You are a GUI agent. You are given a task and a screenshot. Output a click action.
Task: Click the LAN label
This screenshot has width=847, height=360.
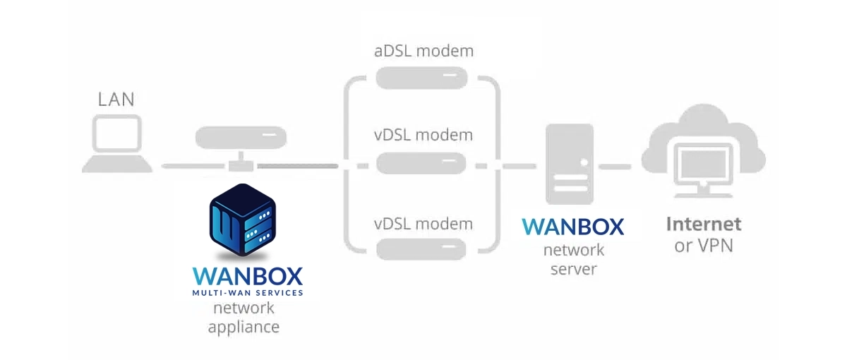(116, 100)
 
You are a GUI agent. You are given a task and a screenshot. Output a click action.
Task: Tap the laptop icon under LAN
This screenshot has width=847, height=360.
(117, 144)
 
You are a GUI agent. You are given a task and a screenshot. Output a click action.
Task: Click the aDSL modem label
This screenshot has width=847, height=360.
(424, 51)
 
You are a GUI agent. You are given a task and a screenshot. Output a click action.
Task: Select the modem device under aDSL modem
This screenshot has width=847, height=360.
(421, 78)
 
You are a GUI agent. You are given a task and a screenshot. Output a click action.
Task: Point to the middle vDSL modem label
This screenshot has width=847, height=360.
(423, 135)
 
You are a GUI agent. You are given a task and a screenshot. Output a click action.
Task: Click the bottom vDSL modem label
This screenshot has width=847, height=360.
(423, 224)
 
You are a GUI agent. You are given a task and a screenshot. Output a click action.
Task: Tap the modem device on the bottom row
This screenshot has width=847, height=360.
(421, 248)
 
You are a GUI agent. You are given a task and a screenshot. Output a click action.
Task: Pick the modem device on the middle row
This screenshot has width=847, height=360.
(421, 163)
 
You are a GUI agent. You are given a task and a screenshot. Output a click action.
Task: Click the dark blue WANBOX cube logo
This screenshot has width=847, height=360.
(242, 220)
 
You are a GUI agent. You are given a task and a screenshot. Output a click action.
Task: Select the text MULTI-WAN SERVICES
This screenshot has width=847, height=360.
(248, 293)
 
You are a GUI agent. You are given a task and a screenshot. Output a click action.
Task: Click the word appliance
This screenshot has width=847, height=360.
(244, 327)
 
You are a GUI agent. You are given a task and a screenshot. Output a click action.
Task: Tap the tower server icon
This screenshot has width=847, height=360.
(570, 164)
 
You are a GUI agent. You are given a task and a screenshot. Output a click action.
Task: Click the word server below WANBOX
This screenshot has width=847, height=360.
(574, 269)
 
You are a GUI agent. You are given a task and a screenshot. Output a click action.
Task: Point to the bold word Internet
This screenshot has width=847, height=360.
(704, 224)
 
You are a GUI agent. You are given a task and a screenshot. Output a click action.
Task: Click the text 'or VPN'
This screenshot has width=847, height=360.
(704, 246)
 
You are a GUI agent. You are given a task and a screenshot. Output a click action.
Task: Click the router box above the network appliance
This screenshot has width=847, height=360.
(241, 138)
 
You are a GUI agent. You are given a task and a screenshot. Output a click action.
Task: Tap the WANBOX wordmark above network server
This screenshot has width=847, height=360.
(573, 227)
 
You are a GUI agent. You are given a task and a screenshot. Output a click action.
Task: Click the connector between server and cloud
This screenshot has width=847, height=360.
(615, 167)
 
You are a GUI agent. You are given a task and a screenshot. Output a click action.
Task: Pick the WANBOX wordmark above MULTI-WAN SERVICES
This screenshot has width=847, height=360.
(248, 277)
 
